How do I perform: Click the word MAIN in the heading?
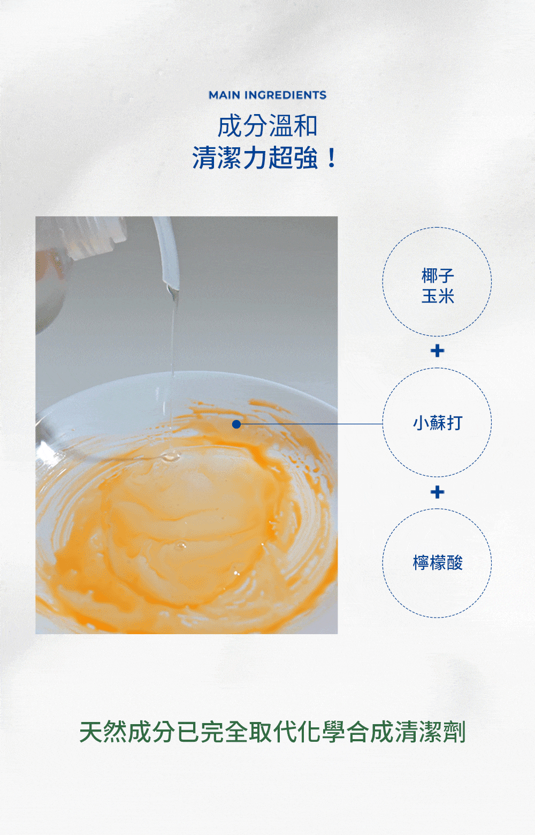tap(224, 95)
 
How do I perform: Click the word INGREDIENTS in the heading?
tap(285, 95)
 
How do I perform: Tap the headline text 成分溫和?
tap(267, 126)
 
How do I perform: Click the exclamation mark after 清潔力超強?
tap(332, 158)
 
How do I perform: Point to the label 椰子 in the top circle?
tap(437, 276)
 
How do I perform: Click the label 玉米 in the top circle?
tap(437, 296)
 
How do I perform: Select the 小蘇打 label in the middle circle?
tap(437, 423)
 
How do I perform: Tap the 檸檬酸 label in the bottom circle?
tap(437, 563)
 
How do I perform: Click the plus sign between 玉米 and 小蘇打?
tap(437, 351)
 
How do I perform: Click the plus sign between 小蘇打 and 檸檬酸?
tap(437, 492)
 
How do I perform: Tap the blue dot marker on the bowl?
tap(236, 424)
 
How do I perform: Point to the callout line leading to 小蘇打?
tap(310, 424)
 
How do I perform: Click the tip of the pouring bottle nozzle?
tap(172, 289)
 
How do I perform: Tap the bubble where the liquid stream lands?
tap(170, 457)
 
